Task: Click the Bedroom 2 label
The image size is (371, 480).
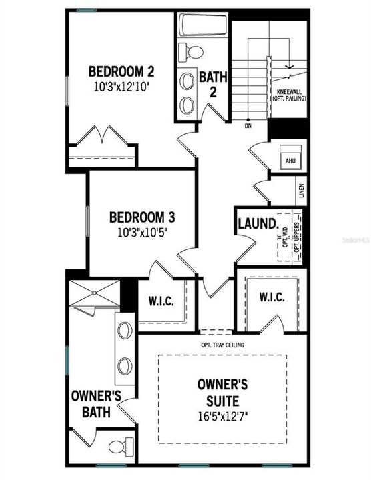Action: click(x=122, y=71)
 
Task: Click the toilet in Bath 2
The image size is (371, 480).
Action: click(x=194, y=52)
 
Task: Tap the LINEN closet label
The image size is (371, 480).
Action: click(x=302, y=192)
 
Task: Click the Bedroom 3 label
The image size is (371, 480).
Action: click(x=141, y=217)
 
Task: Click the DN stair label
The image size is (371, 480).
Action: click(x=248, y=125)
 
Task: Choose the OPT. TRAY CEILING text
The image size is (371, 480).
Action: click(x=222, y=345)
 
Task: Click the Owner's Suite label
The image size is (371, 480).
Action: click(x=222, y=391)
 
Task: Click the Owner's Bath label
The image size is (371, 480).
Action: click(x=96, y=404)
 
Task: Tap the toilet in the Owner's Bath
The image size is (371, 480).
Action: click(x=119, y=446)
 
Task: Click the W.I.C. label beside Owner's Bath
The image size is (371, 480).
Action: click(x=161, y=301)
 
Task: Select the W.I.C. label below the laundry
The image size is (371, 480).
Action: click(x=273, y=295)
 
